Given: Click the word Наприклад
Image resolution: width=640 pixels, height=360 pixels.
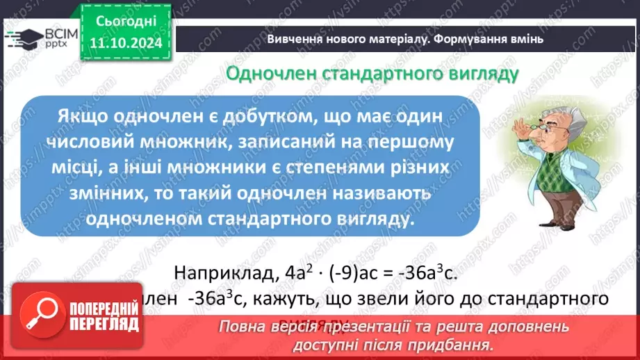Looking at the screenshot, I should click(224, 272).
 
